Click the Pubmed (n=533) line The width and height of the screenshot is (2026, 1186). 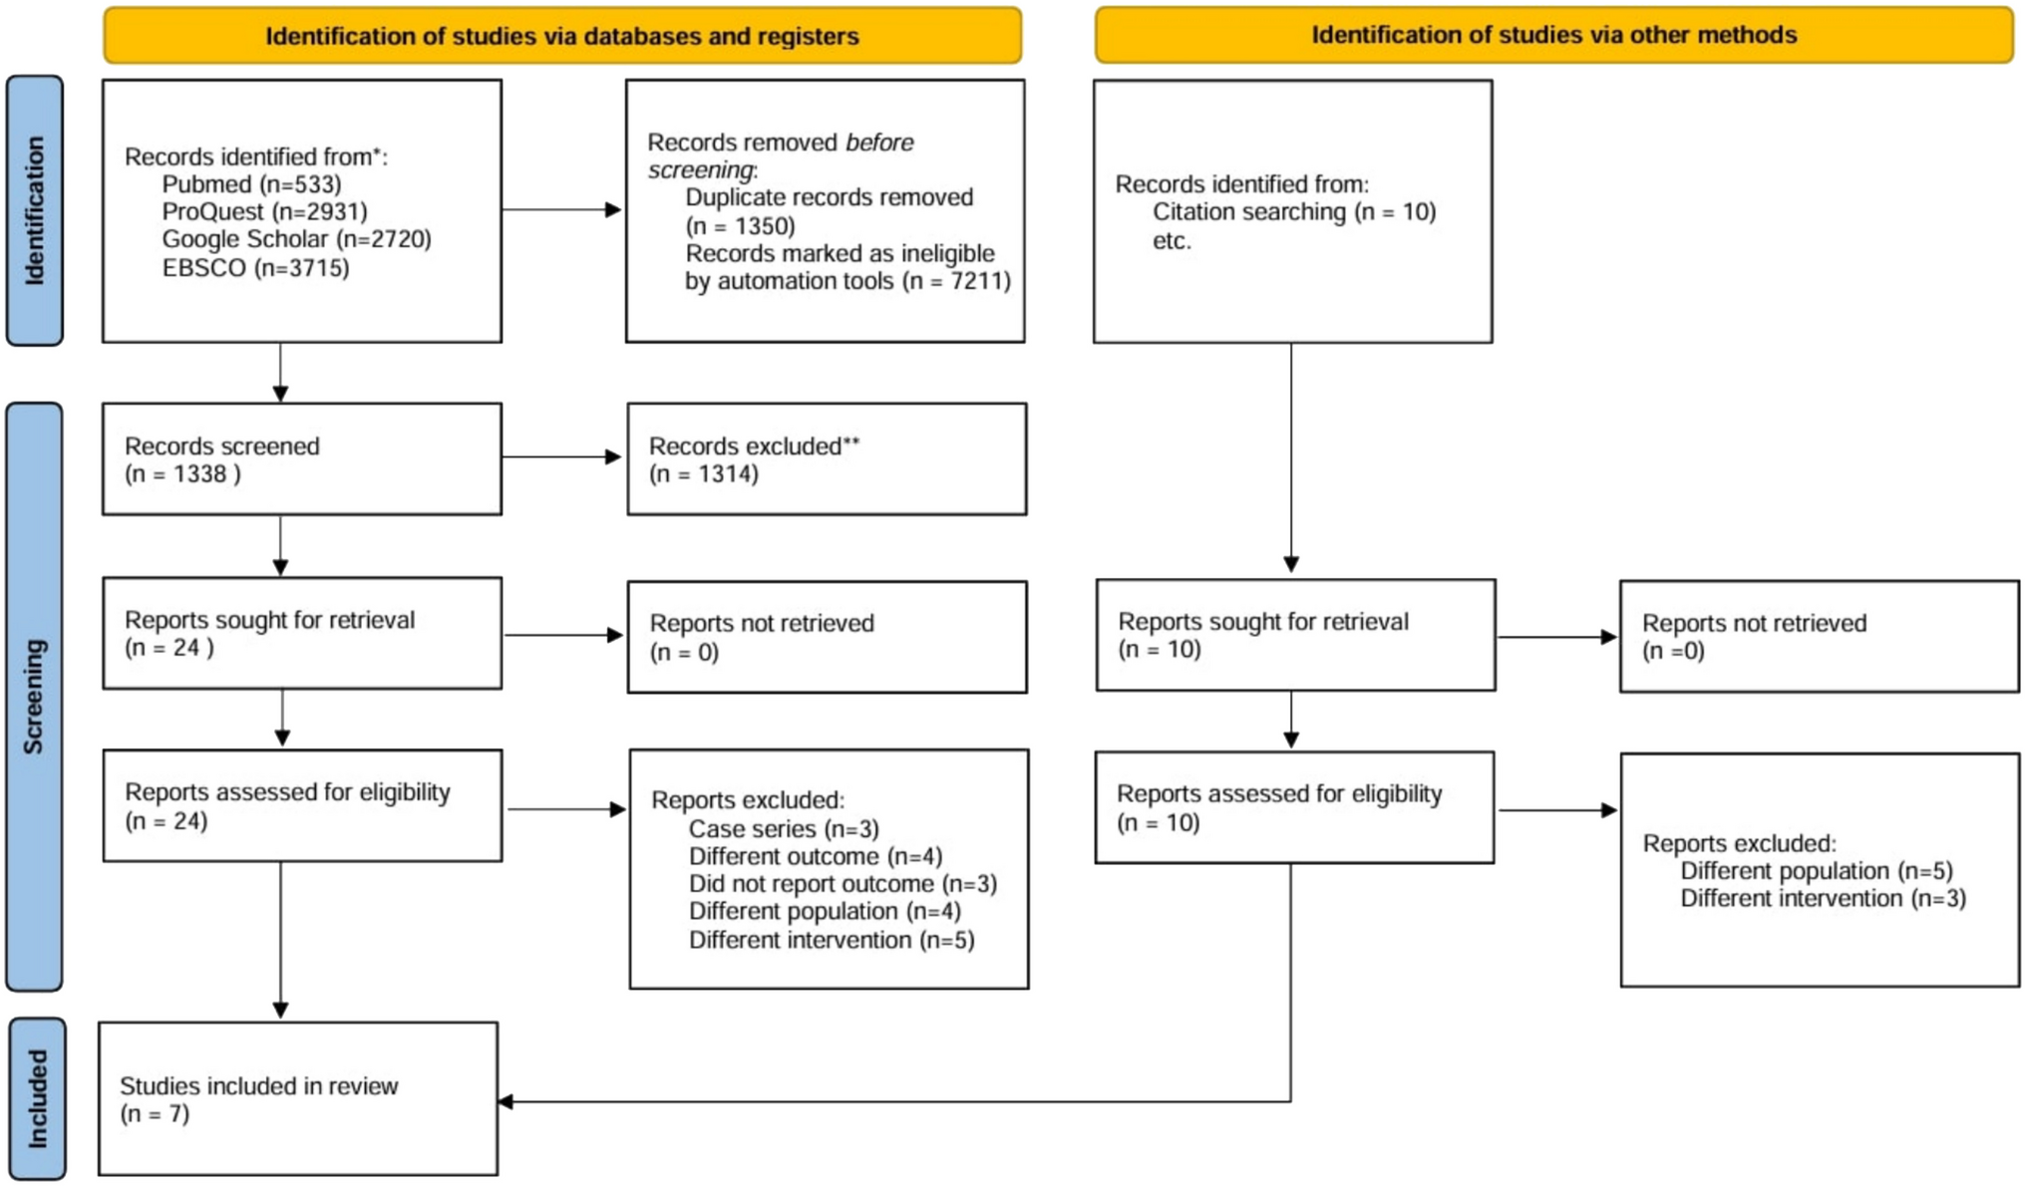click(x=251, y=184)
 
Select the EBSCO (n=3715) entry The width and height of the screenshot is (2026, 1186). click(x=255, y=268)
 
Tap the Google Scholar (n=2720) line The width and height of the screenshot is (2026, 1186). click(x=296, y=239)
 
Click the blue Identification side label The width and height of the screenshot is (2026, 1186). click(x=34, y=210)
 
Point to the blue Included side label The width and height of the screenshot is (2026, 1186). click(x=37, y=1098)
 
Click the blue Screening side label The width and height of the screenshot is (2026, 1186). click(x=34, y=696)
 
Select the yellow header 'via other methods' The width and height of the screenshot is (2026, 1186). click(x=1552, y=35)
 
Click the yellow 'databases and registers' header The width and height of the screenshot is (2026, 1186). click(x=561, y=36)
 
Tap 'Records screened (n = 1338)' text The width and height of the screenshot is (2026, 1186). click(x=221, y=459)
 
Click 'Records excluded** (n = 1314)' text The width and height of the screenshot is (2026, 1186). click(x=753, y=459)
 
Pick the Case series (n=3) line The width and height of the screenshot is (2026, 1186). click(x=784, y=829)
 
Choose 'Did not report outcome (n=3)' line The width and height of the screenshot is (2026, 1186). click(x=843, y=884)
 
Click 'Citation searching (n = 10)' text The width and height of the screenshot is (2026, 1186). click(x=1293, y=212)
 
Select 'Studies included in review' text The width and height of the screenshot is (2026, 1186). click(x=258, y=1086)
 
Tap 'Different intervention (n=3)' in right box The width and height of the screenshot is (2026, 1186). click(x=1823, y=899)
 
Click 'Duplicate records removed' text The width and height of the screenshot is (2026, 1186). click(x=829, y=197)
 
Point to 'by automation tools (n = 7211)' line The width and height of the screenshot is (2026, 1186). click(x=847, y=281)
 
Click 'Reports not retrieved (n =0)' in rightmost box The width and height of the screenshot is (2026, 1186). click(x=1753, y=637)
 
